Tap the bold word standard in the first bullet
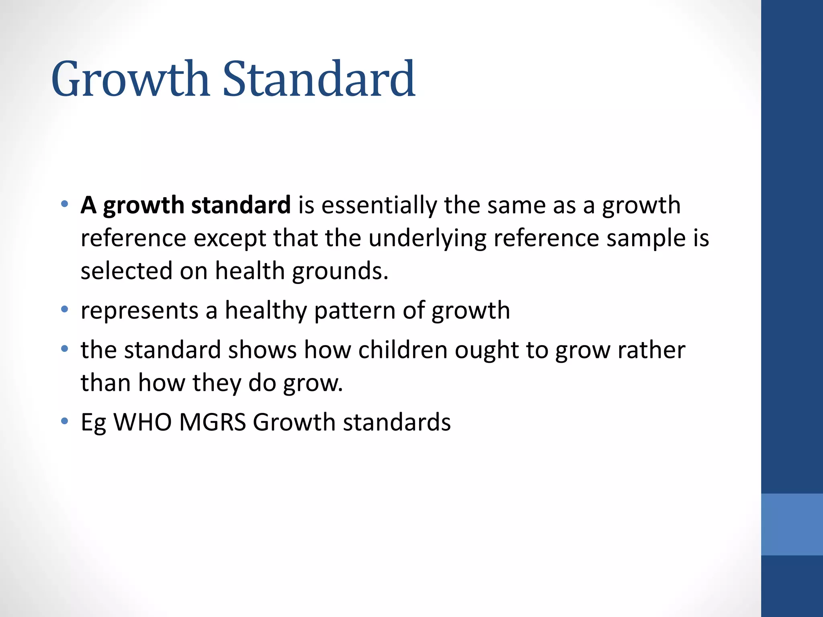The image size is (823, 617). [241, 205]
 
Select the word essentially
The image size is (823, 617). [379, 205]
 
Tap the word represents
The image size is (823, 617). [139, 311]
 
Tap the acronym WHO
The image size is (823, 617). [143, 422]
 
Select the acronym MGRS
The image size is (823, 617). [213, 422]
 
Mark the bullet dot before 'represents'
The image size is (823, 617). [64, 309]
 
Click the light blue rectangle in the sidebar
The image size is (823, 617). [792, 524]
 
